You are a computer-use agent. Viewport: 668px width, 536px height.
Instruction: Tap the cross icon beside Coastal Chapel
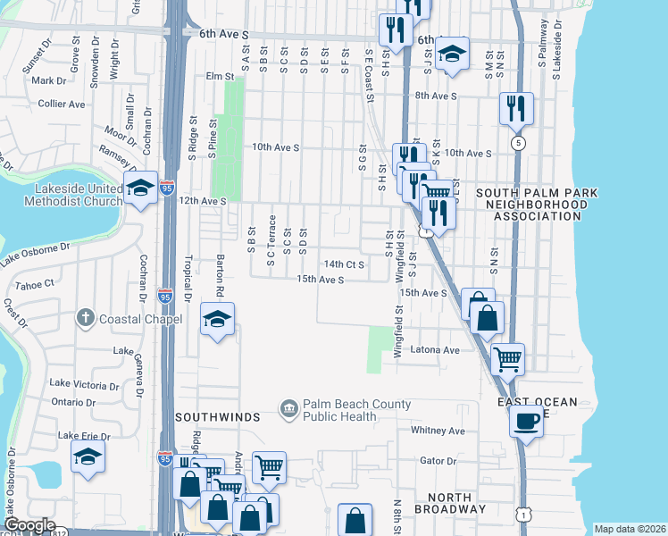[85, 317]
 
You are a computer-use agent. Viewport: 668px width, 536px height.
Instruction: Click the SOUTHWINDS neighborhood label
[217, 417]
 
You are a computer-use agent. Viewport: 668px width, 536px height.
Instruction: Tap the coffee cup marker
[527, 420]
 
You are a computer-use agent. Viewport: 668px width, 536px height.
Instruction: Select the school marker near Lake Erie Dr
[87, 457]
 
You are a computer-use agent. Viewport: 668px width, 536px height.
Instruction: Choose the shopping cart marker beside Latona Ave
[507, 359]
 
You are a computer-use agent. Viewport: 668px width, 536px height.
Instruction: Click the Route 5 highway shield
[517, 143]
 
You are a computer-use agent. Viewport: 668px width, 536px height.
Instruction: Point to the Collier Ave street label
[62, 104]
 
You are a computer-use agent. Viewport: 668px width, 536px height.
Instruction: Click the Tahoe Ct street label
[37, 283]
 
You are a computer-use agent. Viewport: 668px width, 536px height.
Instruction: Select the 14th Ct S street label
[345, 264]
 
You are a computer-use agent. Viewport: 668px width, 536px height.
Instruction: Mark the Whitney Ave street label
[438, 431]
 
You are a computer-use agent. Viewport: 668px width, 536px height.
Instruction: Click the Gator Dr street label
[438, 462]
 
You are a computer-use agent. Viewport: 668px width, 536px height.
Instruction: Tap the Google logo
[29, 525]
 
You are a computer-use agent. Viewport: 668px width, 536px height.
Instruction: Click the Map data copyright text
[630, 529]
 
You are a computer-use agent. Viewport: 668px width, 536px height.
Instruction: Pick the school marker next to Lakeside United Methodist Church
[141, 188]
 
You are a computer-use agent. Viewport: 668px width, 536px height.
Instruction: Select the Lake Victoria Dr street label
[84, 384]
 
